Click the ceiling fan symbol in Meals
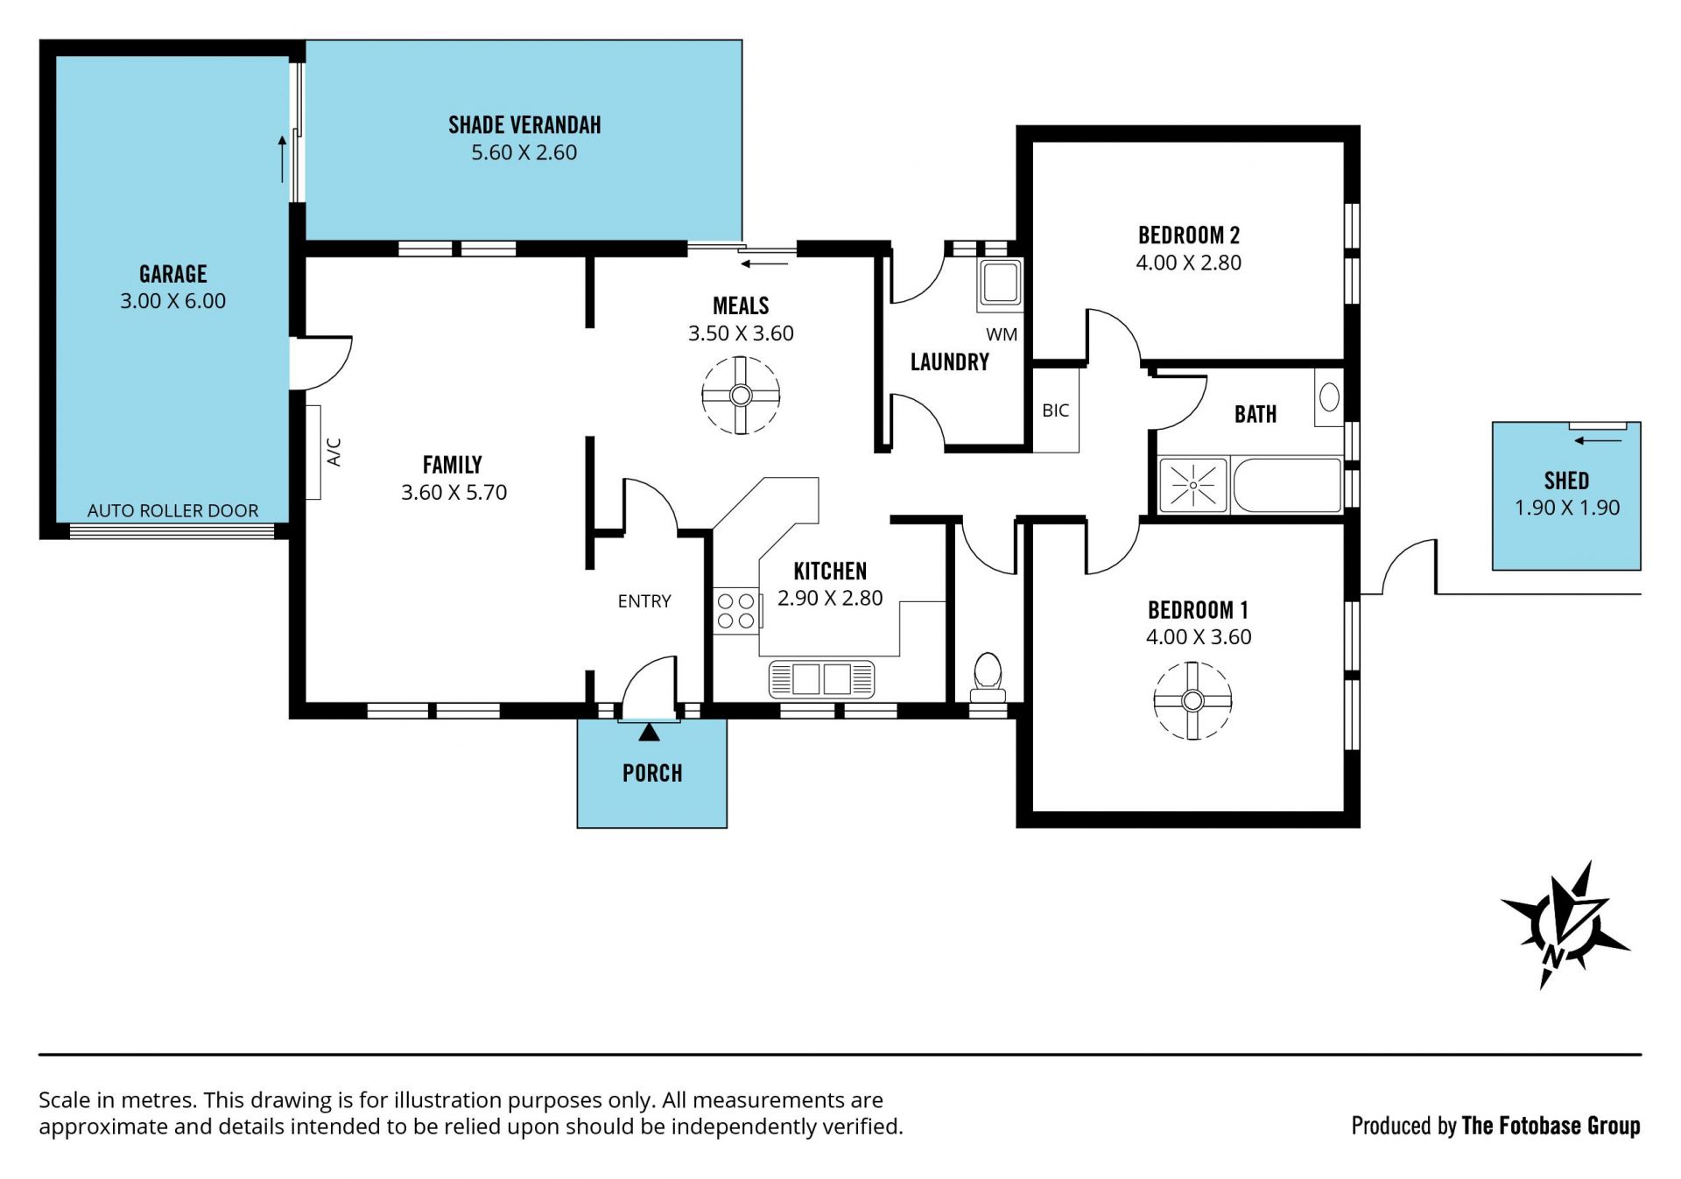[741, 395]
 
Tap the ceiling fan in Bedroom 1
[1192, 700]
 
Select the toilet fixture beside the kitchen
[988, 677]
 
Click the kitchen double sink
[821, 678]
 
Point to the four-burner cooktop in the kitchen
[735, 610]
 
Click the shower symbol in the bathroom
[1192, 484]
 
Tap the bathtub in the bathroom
[1286, 484]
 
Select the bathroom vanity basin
[1329, 397]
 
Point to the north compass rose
[1565, 924]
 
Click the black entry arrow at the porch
[649, 732]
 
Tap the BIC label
[1055, 410]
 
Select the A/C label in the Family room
[334, 452]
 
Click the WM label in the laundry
[1002, 334]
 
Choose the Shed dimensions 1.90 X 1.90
[1567, 508]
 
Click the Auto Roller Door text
[172, 510]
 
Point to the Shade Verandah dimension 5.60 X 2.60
[524, 152]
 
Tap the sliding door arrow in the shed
[1598, 440]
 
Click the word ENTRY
[644, 601]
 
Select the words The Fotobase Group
[1551, 1126]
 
